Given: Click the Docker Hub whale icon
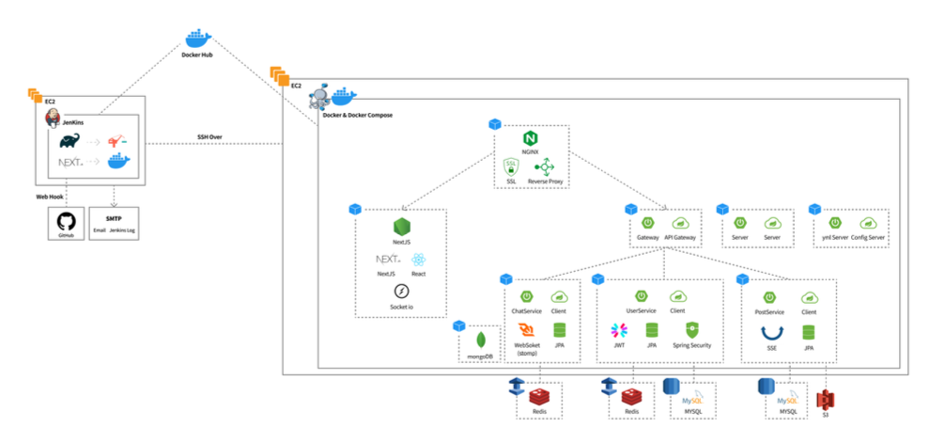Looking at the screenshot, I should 197,38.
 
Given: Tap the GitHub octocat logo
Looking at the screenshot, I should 66,221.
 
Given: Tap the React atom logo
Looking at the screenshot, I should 418,260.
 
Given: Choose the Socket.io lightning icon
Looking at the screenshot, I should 401,291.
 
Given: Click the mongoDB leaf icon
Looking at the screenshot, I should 481,341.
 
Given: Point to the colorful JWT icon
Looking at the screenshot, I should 619,330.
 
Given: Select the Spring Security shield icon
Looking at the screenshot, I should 692,330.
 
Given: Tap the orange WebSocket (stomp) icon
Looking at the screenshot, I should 529,330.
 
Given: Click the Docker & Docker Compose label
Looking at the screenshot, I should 357,115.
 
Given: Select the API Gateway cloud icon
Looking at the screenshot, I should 681,223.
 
